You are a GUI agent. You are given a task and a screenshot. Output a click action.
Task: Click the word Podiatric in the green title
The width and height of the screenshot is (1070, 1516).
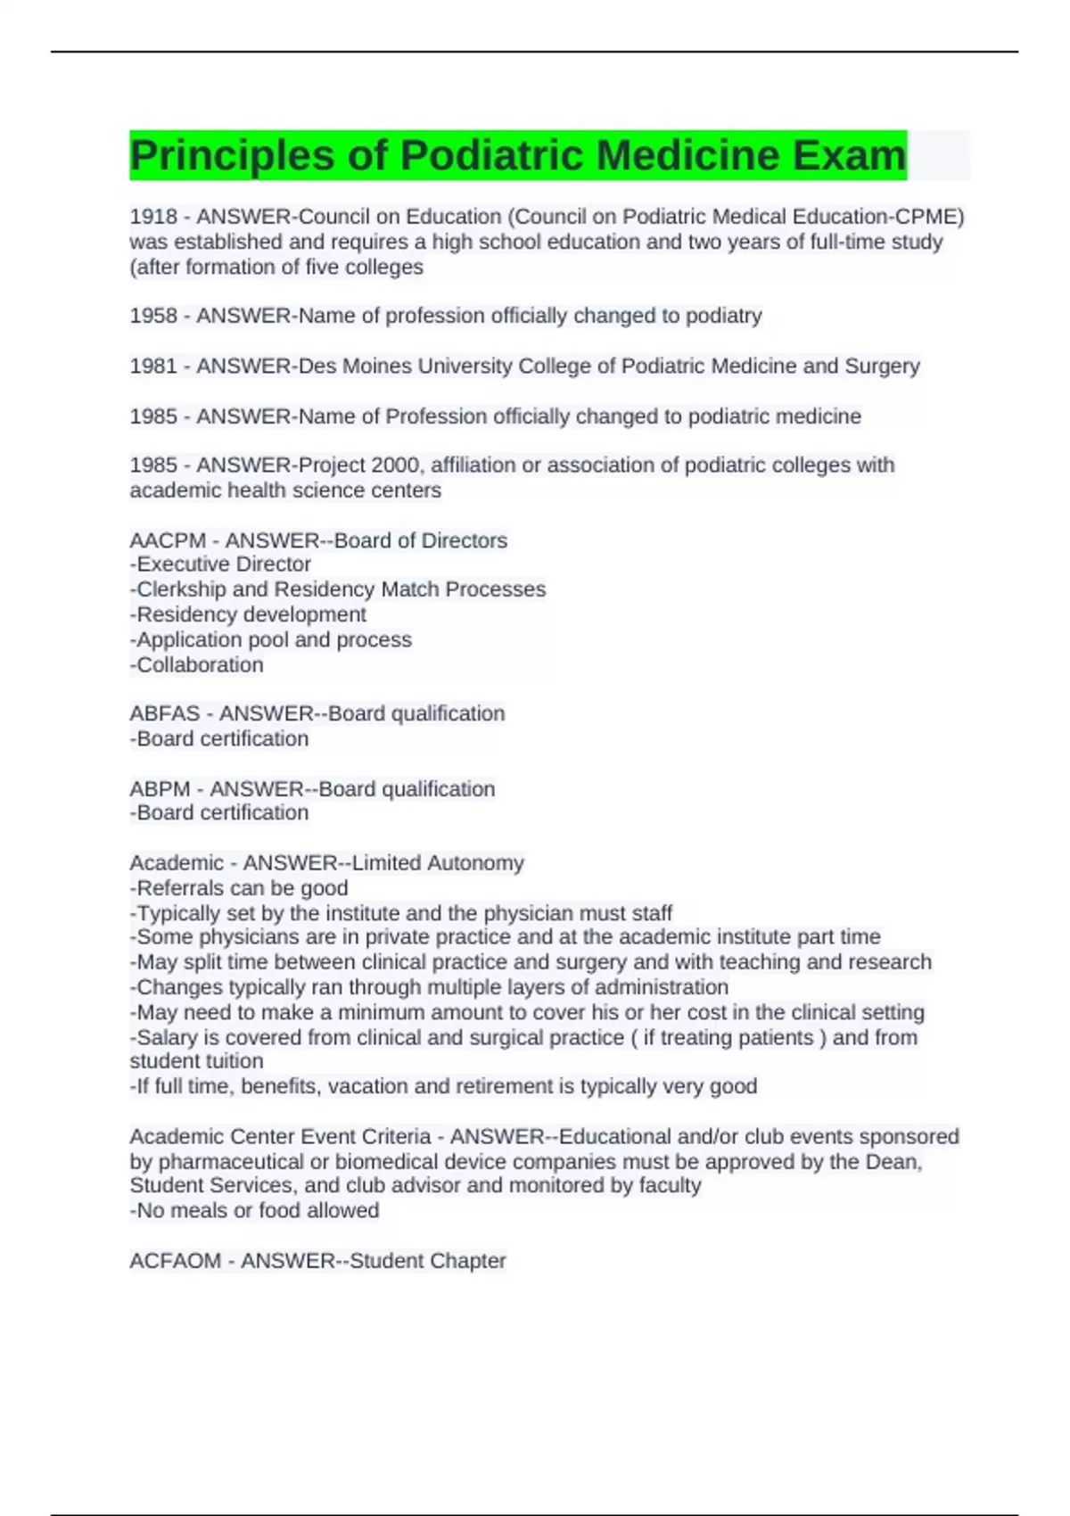click(x=491, y=155)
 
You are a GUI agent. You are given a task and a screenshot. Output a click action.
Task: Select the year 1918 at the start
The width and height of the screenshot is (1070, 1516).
click(x=153, y=217)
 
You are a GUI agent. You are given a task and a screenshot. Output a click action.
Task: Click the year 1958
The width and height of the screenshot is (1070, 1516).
click(x=153, y=316)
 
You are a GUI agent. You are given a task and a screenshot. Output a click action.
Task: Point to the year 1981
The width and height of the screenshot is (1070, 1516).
click(x=153, y=366)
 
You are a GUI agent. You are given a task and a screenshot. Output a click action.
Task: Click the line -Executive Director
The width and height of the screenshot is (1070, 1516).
click(x=220, y=564)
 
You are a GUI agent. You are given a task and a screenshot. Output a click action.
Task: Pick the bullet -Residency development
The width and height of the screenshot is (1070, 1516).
click(x=248, y=614)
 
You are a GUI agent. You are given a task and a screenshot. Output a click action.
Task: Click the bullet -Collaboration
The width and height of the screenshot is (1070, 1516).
click(x=196, y=665)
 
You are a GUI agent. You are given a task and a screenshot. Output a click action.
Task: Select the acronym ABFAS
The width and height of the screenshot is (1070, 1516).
click(x=165, y=713)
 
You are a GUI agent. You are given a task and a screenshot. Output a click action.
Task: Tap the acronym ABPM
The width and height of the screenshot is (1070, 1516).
click(x=160, y=789)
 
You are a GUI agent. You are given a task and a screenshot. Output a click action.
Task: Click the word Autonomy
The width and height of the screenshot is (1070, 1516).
click(x=475, y=863)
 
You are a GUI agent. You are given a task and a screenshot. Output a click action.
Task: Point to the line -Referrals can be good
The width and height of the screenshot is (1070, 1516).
click(x=239, y=888)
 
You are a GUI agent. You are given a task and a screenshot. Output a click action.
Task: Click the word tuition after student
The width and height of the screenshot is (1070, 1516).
click(x=233, y=1061)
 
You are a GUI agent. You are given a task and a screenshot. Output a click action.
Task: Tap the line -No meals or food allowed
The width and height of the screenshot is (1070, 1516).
click(x=254, y=1211)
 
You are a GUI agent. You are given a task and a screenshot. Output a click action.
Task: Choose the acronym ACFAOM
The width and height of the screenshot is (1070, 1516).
click(x=176, y=1261)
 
